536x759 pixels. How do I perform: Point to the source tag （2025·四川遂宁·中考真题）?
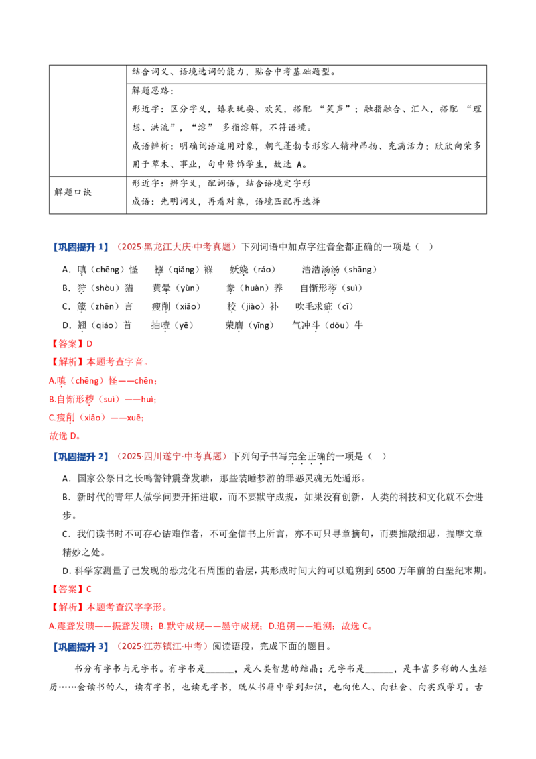pos(172,457)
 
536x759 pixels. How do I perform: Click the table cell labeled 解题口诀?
pos(72,192)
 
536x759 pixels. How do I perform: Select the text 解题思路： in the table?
pos(152,91)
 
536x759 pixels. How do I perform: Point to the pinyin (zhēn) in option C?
pos(105,306)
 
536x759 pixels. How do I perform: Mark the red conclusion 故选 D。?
pos(65,436)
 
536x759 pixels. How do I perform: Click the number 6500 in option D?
pos(385,571)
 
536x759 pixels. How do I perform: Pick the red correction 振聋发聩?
pos(131,626)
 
